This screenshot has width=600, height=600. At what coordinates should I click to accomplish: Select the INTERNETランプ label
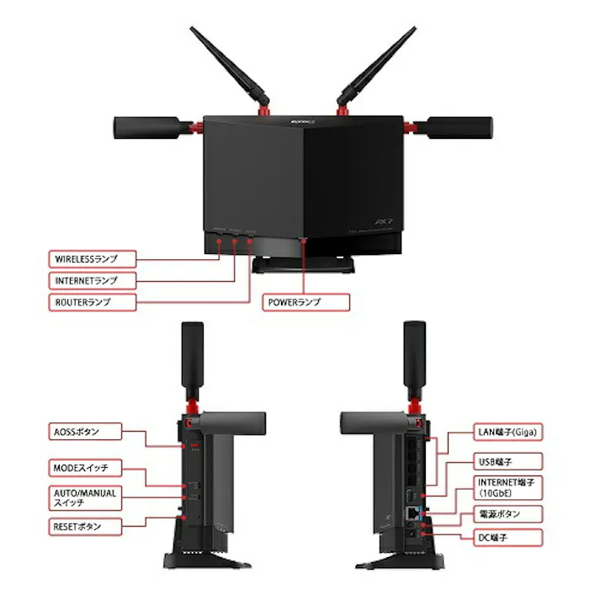click(92, 279)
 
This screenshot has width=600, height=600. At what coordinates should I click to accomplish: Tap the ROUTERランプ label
click(92, 300)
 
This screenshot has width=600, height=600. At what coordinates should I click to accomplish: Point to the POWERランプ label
click(305, 300)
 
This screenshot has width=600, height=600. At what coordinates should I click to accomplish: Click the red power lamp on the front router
click(304, 241)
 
